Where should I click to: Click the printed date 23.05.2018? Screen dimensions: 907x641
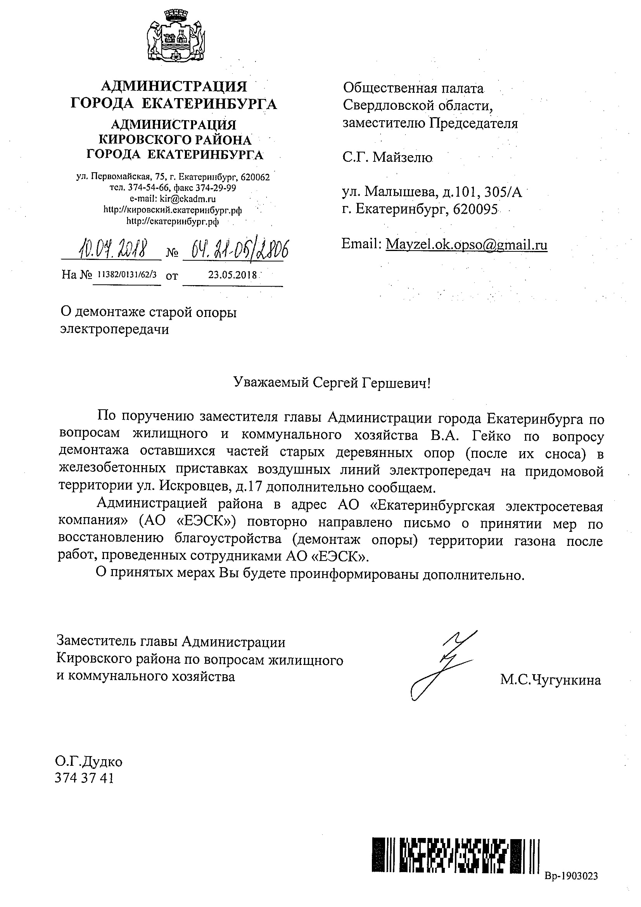tap(232, 275)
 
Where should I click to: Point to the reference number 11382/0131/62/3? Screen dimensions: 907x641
tap(127, 275)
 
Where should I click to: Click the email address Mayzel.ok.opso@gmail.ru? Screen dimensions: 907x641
tap(466, 244)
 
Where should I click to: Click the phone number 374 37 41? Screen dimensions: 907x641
tap(85, 778)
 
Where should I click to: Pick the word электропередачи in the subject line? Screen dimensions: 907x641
tap(114, 329)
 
